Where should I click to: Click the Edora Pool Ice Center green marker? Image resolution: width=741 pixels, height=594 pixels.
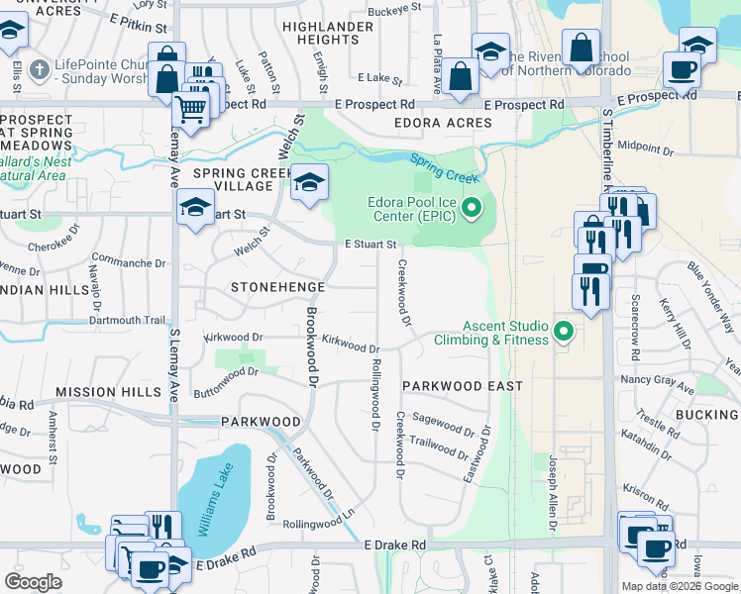472,209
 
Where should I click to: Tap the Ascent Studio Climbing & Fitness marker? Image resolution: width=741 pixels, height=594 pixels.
565,331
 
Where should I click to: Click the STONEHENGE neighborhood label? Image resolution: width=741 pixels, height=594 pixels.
277,287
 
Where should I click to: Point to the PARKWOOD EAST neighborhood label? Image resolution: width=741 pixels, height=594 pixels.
462,385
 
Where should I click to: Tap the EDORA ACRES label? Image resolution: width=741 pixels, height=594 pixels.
443,123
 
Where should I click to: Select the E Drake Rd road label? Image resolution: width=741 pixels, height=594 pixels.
394,544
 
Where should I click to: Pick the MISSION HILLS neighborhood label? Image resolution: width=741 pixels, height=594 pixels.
107,392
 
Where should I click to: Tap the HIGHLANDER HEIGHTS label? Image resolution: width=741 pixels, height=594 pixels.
320,33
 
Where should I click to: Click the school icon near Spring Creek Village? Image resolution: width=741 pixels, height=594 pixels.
309,182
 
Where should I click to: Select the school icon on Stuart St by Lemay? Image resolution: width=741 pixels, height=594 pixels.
195,208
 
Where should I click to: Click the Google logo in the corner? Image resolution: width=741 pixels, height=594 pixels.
33,581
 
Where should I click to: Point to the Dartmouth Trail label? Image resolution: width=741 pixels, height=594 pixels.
127,320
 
